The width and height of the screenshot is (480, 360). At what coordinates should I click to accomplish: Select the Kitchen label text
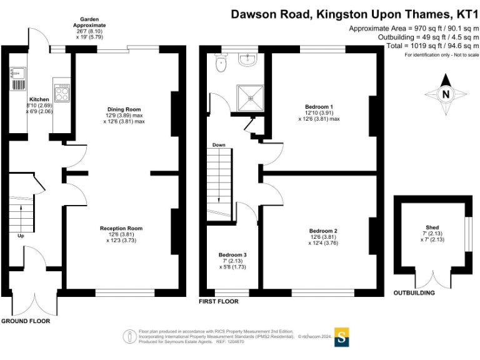pyautogui.click(x=39, y=99)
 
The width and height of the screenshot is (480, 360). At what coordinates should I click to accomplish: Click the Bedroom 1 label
pyautogui.click(x=319, y=106)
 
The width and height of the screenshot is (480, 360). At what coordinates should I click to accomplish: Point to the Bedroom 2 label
pyautogui.click(x=323, y=229)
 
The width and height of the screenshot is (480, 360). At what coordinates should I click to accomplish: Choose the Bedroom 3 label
pyautogui.click(x=232, y=254)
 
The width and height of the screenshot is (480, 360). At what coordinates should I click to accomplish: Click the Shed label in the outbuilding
pyautogui.click(x=432, y=227)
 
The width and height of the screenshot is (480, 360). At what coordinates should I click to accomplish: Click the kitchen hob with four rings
pyautogui.click(x=62, y=94)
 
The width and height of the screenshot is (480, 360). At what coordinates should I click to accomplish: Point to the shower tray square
pyautogui.click(x=251, y=99)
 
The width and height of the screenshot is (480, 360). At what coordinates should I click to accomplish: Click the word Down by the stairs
pyautogui.click(x=219, y=145)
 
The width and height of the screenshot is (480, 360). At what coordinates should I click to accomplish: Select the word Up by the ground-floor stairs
pyautogui.click(x=21, y=236)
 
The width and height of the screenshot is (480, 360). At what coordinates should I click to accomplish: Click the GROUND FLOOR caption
pyautogui.click(x=26, y=321)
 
